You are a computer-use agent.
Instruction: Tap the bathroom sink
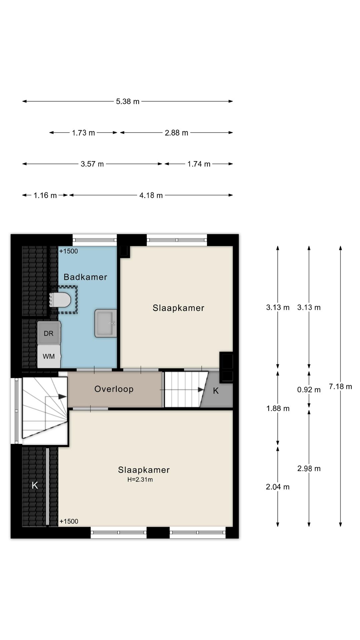106,323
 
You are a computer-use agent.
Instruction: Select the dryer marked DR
49,333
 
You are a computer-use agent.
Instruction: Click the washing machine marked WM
49,356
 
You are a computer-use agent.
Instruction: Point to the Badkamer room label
85,277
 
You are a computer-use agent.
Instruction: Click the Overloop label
114,389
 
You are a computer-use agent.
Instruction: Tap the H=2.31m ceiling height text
140,480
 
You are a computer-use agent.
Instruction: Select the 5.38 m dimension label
128,101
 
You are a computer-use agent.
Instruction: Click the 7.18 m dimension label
340,386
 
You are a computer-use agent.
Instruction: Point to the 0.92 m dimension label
309,390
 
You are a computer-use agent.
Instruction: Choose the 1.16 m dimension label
45,195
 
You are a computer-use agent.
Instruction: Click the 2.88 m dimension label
177,133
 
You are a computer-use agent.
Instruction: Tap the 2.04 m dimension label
278,487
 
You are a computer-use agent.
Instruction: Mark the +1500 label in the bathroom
69,251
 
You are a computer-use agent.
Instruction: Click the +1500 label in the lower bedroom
69,521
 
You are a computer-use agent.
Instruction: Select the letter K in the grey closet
216,391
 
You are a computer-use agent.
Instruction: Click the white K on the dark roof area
35,485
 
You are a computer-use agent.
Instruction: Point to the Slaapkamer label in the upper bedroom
178,308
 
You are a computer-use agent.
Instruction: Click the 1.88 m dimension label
278,408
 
